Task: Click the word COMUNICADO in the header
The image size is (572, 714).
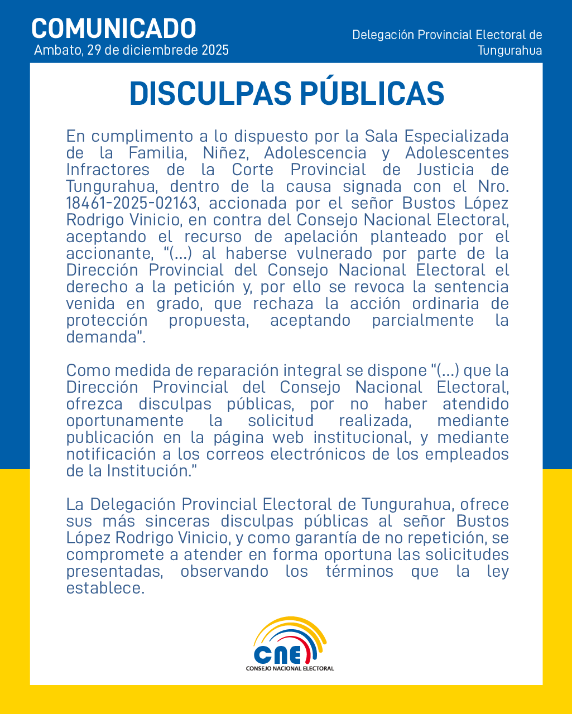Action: click(x=114, y=28)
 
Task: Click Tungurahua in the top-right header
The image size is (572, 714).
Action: click(x=509, y=50)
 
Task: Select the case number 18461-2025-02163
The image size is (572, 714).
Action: click(x=132, y=203)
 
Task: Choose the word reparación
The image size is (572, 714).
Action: click(x=243, y=370)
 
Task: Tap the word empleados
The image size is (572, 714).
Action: click(x=467, y=454)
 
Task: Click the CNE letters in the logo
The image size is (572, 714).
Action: click(x=278, y=653)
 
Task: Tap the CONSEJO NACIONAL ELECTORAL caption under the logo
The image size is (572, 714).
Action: click(x=290, y=668)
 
